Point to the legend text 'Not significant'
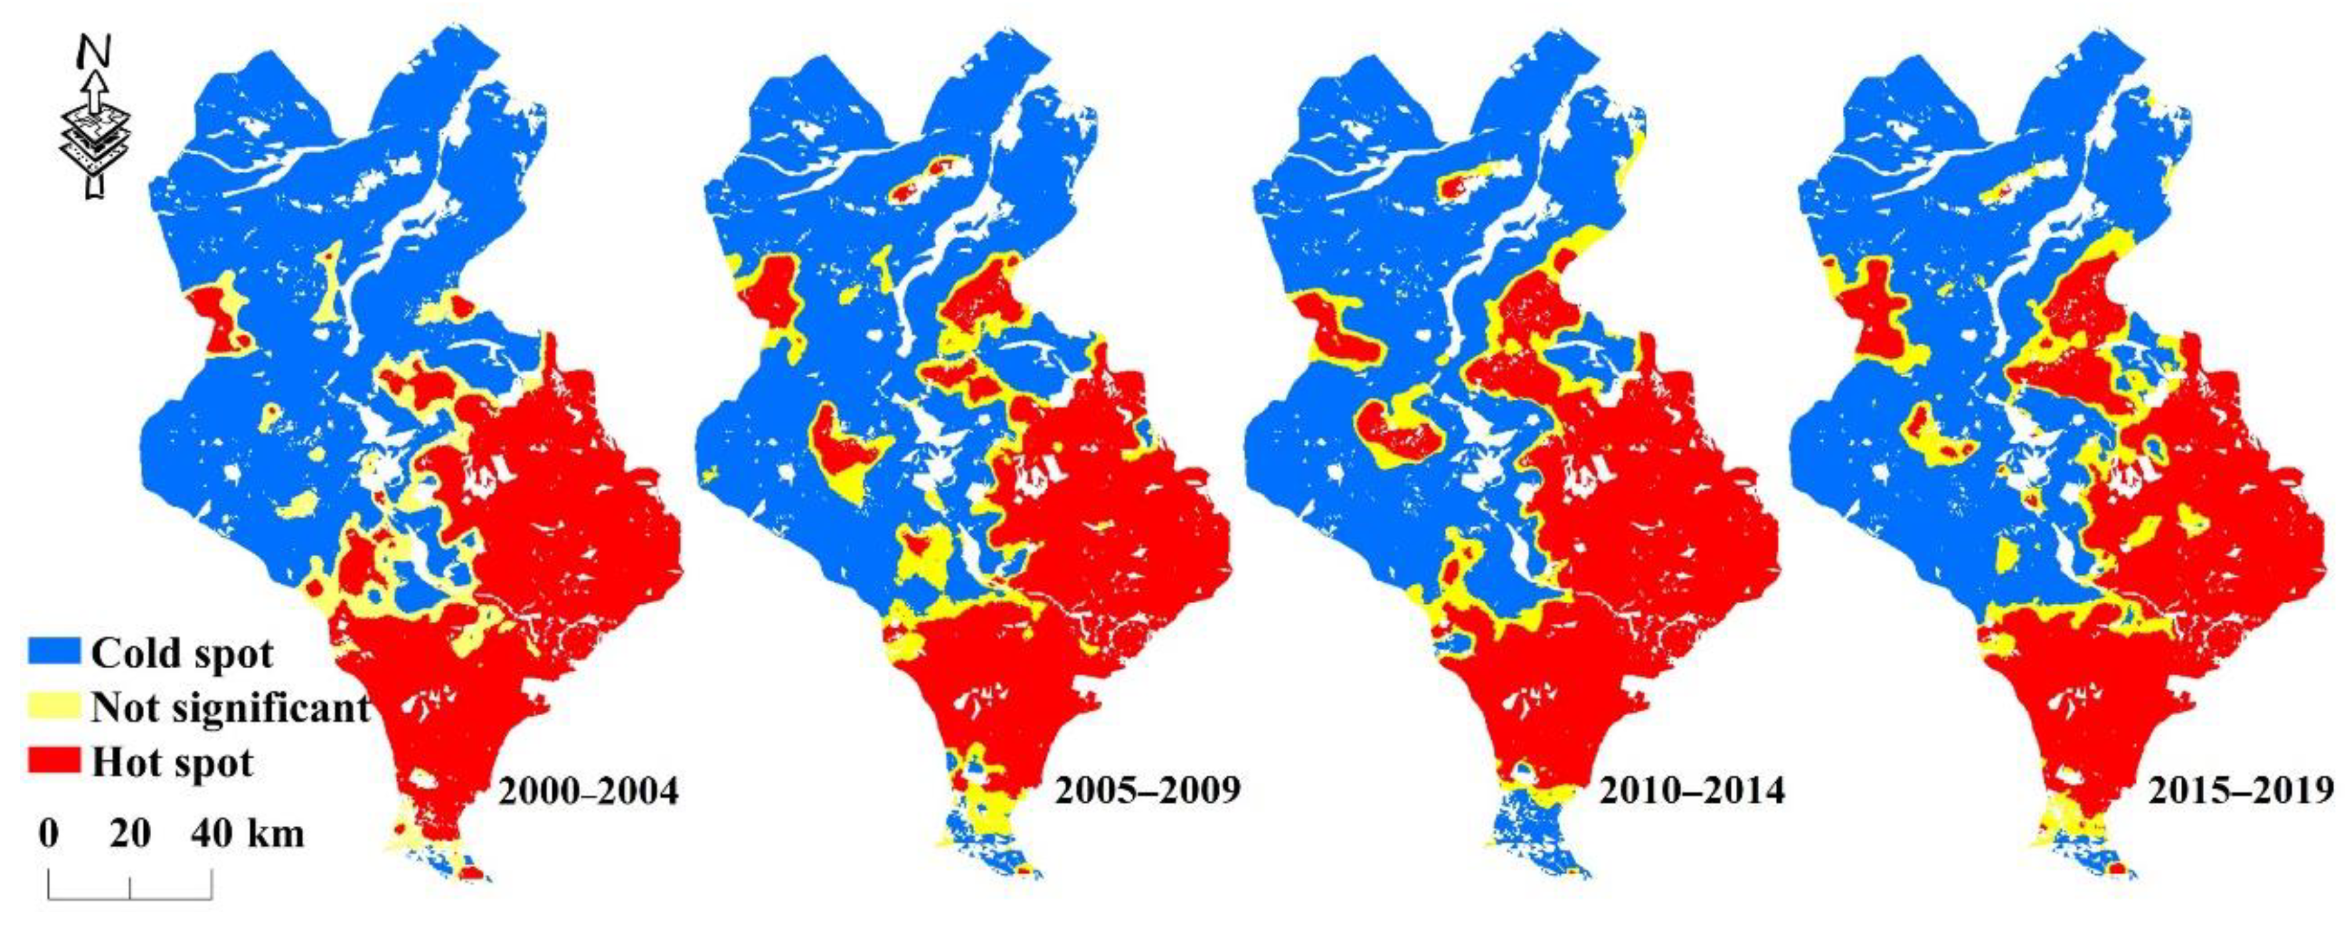(x=230, y=707)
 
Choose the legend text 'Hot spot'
(x=172, y=762)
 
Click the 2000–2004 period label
(x=587, y=791)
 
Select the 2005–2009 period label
(x=1148, y=791)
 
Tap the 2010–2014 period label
(x=1692, y=791)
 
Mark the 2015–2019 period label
(x=2241, y=791)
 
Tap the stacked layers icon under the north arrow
(x=94, y=141)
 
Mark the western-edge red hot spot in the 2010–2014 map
(x=1330, y=324)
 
